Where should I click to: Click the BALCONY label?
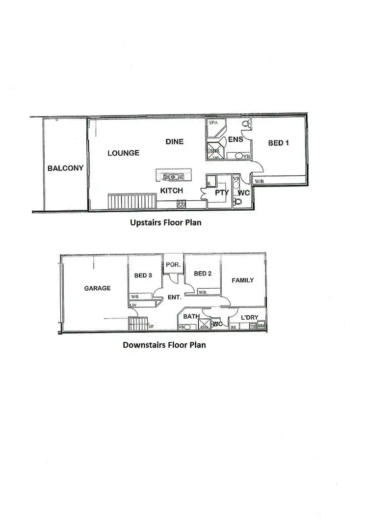pyautogui.click(x=65, y=168)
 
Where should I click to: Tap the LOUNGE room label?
pyautogui.click(x=123, y=153)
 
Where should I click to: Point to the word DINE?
pyautogui.click(x=174, y=141)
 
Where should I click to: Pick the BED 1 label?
pyautogui.click(x=278, y=143)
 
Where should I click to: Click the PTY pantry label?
pyautogui.click(x=222, y=193)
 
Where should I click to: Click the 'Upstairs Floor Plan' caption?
pyautogui.click(x=165, y=222)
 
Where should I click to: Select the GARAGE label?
pyautogui.click(x=97, y=288)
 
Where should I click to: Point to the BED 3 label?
pyautogui.click(x=143, y=275)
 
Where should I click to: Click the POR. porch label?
pyautogui.click(x=173, y=264)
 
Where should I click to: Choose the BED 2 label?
pyautogui.click(x=203, y=274)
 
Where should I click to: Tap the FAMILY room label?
pyautogui.click(x=243, y=280)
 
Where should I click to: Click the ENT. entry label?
pyautogui.click(x=174, y=298)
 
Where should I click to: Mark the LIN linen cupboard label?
pyautogui.click(x=132, y=305)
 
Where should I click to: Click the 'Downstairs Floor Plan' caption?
pyautogui.click(x=164, y=345)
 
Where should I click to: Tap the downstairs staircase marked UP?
pyautogui.click(x=137, y=324)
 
